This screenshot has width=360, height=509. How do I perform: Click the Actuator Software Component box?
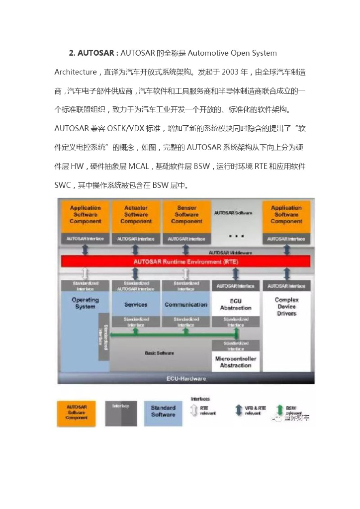click(136, 215)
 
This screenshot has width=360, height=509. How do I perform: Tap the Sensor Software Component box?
click(186, 215)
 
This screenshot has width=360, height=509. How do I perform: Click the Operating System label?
click(85, 303)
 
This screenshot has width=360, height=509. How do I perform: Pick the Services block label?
click(136, 305)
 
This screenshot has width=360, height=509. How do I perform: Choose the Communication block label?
click(186, 305)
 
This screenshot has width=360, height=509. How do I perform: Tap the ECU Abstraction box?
click(236, 305)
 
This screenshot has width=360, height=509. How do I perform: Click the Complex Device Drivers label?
click(286, 306)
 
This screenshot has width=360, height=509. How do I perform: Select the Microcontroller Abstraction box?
click(236, 362)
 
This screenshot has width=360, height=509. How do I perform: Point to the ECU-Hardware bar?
click(186, 379)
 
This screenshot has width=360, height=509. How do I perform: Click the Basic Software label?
click(159, 353)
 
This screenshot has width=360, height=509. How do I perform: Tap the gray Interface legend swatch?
click(121, 412)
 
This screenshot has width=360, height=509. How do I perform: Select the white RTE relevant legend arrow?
click(194, 411)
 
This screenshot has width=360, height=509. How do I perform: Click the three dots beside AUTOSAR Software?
click(236, 234)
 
